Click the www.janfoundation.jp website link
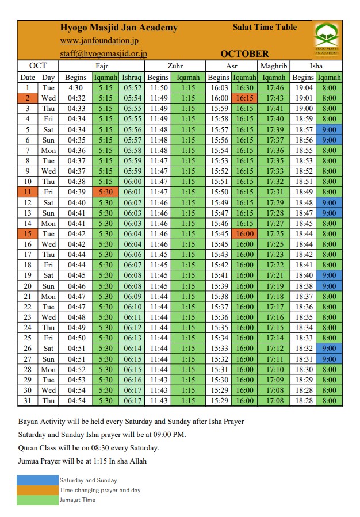(99, 41)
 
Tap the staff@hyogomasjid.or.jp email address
(104, 53)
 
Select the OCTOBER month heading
(244, 54)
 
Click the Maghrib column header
(274, 66)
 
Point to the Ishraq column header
(132, 78)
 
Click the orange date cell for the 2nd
(27, 98)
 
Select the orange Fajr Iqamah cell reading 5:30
(106, 192)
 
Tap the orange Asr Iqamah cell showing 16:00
(245, 234)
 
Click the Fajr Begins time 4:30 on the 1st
(76, 88)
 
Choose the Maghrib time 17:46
(275, 88)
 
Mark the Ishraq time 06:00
(132, 181)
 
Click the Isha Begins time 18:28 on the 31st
(303, 401)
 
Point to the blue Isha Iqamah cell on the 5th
(330, 129)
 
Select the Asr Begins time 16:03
(219, 88)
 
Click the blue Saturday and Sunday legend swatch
(37, 480)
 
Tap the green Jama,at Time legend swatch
(37, 500)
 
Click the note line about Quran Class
(89, 448)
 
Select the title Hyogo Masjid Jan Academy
(119, 28)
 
